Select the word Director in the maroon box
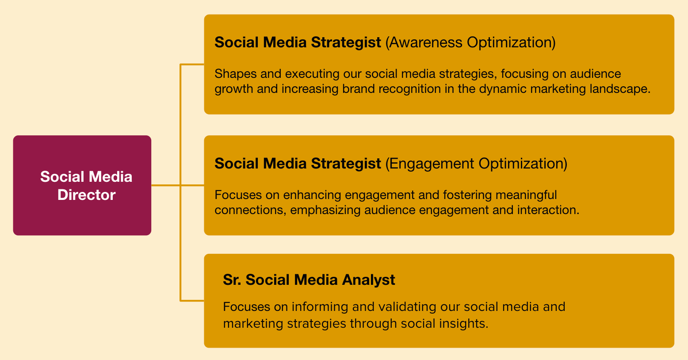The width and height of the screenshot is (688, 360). point(86,195)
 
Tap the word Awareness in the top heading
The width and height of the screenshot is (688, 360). point(425,42)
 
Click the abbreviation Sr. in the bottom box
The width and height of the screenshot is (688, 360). point(232,280)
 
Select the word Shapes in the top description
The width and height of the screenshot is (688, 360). point(233,74)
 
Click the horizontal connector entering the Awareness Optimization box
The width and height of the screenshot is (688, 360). point(192,65)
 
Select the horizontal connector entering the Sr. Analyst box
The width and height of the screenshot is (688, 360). point(192,301)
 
